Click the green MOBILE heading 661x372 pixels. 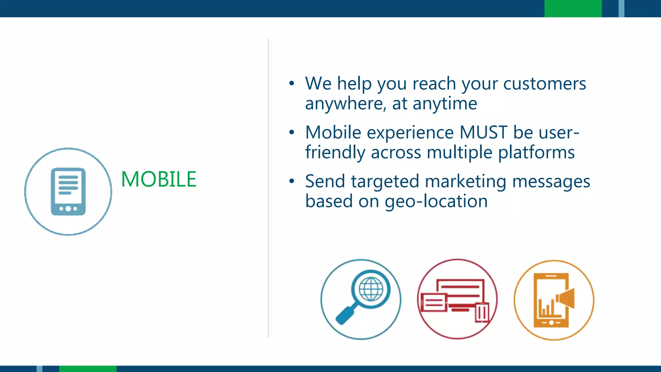coord(158,179)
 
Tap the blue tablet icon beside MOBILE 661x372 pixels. coord(68,191)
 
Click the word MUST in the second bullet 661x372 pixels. coord(483,132)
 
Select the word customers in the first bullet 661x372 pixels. coord(544,84)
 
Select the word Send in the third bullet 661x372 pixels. coord(325,181)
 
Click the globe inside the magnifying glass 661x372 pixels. coord(371,289)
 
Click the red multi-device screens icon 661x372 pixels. coord(457,299)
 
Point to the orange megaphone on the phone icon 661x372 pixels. coord(566,298)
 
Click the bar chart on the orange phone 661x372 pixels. coord(546,308)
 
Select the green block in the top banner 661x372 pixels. coord(573,8)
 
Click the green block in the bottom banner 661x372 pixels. coord(87,369)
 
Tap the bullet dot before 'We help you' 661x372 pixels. coord(292,83)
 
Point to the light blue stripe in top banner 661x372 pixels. coord(621,8)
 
